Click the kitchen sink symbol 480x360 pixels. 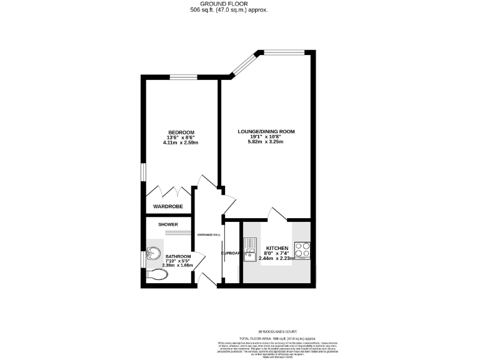(x=250, y=249)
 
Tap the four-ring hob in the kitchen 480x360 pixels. (x=302, y=249)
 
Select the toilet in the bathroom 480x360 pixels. (x=154, y=274)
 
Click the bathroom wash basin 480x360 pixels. (x=152, y=255)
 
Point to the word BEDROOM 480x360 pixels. (x=181, y=132)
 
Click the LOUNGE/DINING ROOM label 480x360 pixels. (x=266, y=132)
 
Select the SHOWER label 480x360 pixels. (x=168, y=224)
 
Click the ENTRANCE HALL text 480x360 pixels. (x=209, y=234)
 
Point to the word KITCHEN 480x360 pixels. (x=276, y=247)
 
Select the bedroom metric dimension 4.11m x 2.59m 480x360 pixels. (x=181, y=143)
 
